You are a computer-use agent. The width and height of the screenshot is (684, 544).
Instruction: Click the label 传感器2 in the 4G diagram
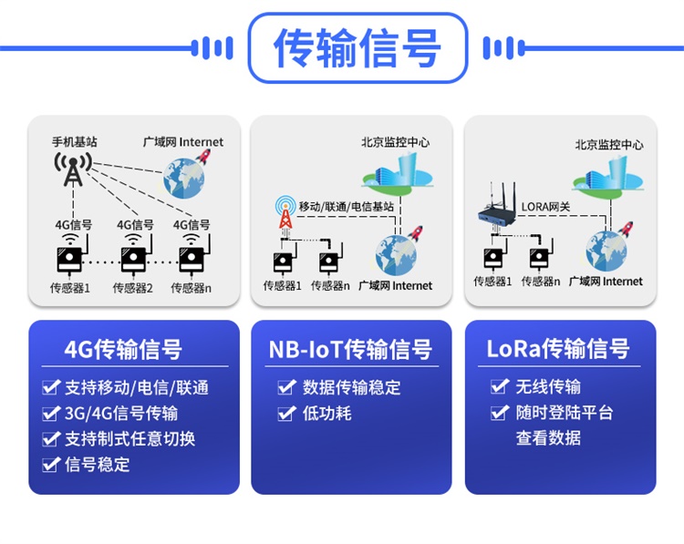point(132,288)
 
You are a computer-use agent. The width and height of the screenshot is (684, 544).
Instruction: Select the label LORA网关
point(545,207)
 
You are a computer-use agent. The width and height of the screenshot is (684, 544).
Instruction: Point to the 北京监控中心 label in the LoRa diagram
point(609,144)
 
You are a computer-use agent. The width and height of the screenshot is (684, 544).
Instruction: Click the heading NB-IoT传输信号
point(350,349)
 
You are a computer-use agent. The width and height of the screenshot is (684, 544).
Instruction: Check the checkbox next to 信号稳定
point(51,465)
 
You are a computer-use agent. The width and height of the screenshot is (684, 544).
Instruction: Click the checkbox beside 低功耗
point(286,413)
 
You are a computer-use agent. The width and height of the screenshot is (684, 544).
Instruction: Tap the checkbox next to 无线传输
point(499,387)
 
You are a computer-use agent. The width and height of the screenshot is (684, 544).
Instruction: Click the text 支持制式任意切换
point(130,438)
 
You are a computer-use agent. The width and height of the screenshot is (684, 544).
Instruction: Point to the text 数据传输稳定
point(351,387)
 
